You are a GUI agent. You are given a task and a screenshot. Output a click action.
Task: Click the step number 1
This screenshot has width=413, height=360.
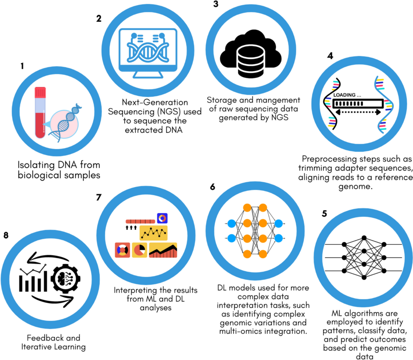coord(22,66)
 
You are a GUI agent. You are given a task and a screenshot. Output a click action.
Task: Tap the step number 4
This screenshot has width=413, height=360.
coord(330,56)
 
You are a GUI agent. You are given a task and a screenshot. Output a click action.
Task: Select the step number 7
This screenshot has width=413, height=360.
coord(99,197)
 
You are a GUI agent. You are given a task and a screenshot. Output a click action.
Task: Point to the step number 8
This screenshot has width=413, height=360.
coord(6,235)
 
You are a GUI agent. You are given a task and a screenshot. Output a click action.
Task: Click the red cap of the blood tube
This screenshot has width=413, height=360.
coord(40,92)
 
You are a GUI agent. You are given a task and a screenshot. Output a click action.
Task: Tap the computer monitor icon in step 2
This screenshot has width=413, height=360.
coord(148,52)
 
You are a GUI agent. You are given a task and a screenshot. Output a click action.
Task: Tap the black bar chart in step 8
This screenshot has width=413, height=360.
coord(33,282)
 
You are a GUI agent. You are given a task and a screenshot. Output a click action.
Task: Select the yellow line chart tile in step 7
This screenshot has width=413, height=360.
coord(153,233)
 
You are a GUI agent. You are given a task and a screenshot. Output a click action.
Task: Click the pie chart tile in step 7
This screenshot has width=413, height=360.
coord(139,250)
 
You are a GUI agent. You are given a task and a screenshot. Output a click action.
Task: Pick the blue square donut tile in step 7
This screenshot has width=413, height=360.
coord(162,218)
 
